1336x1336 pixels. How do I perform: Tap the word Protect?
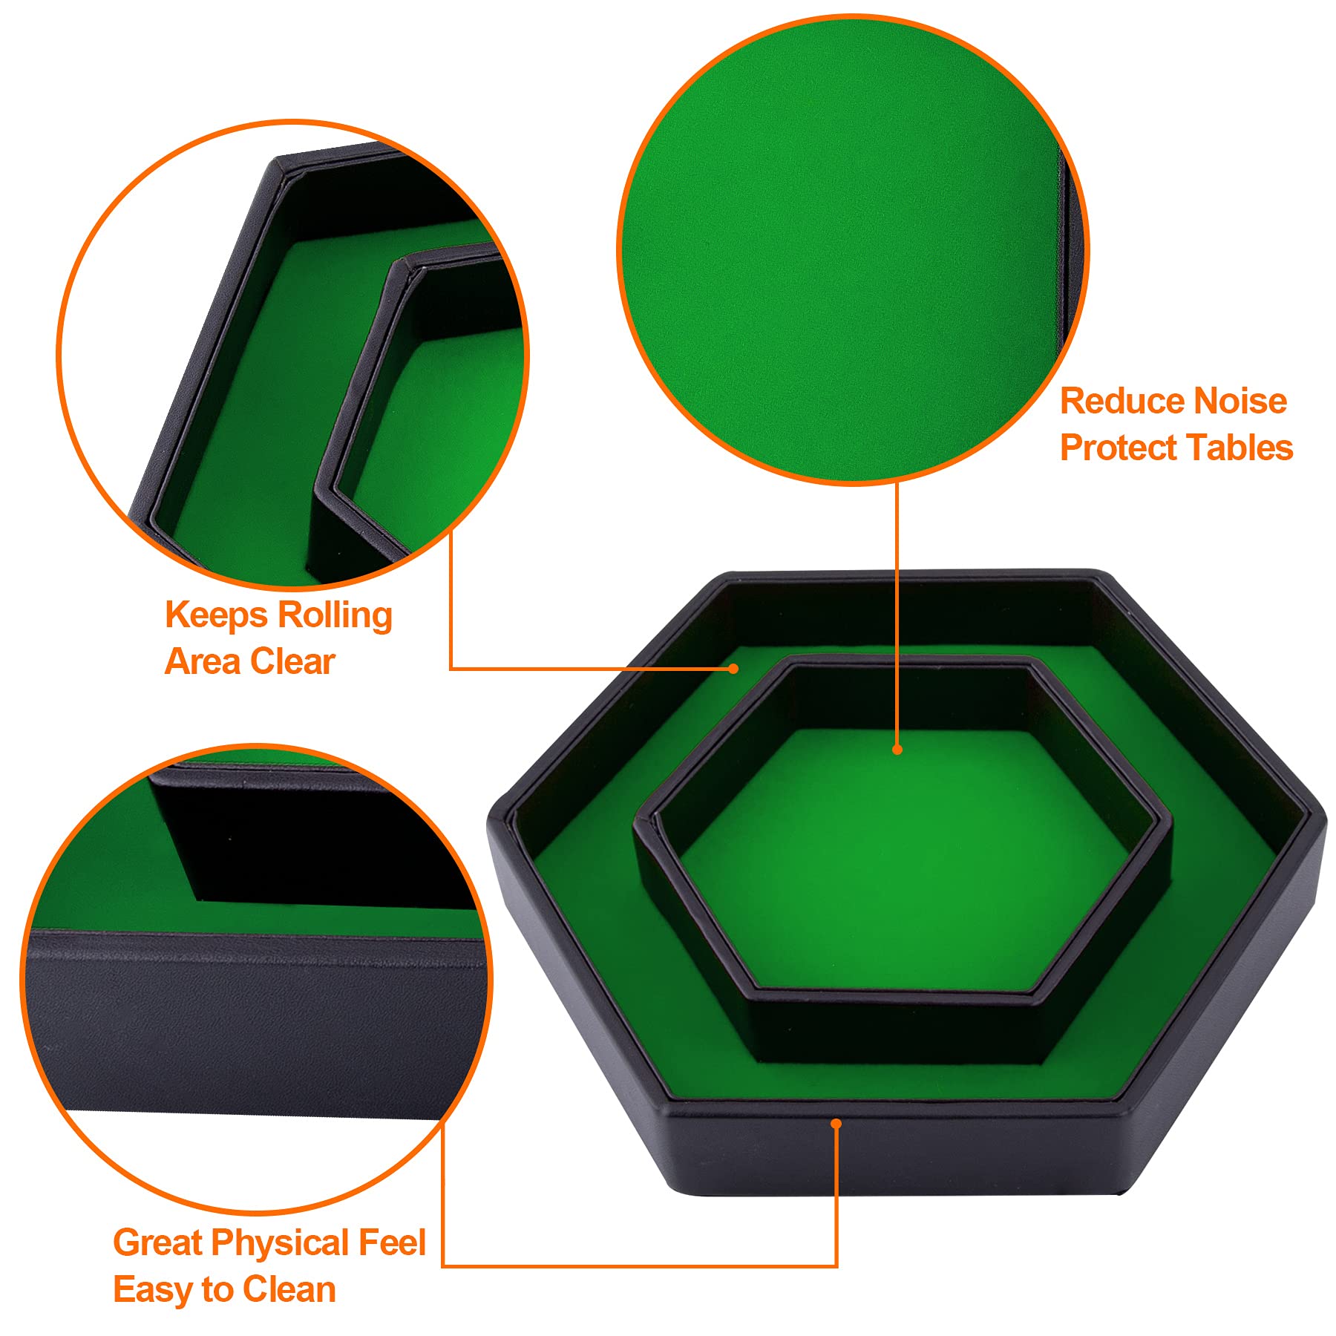click(x=1118, y=448)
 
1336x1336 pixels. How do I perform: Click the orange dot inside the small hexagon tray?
click(x=897, y=750)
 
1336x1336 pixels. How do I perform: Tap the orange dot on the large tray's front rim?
click(x=836, y=1124)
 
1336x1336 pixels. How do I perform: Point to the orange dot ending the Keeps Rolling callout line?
click(x=733, y=669)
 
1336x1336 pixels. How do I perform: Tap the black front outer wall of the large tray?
click(x=891, y=1158)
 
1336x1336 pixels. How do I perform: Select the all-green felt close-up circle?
click(x=853, y=249)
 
